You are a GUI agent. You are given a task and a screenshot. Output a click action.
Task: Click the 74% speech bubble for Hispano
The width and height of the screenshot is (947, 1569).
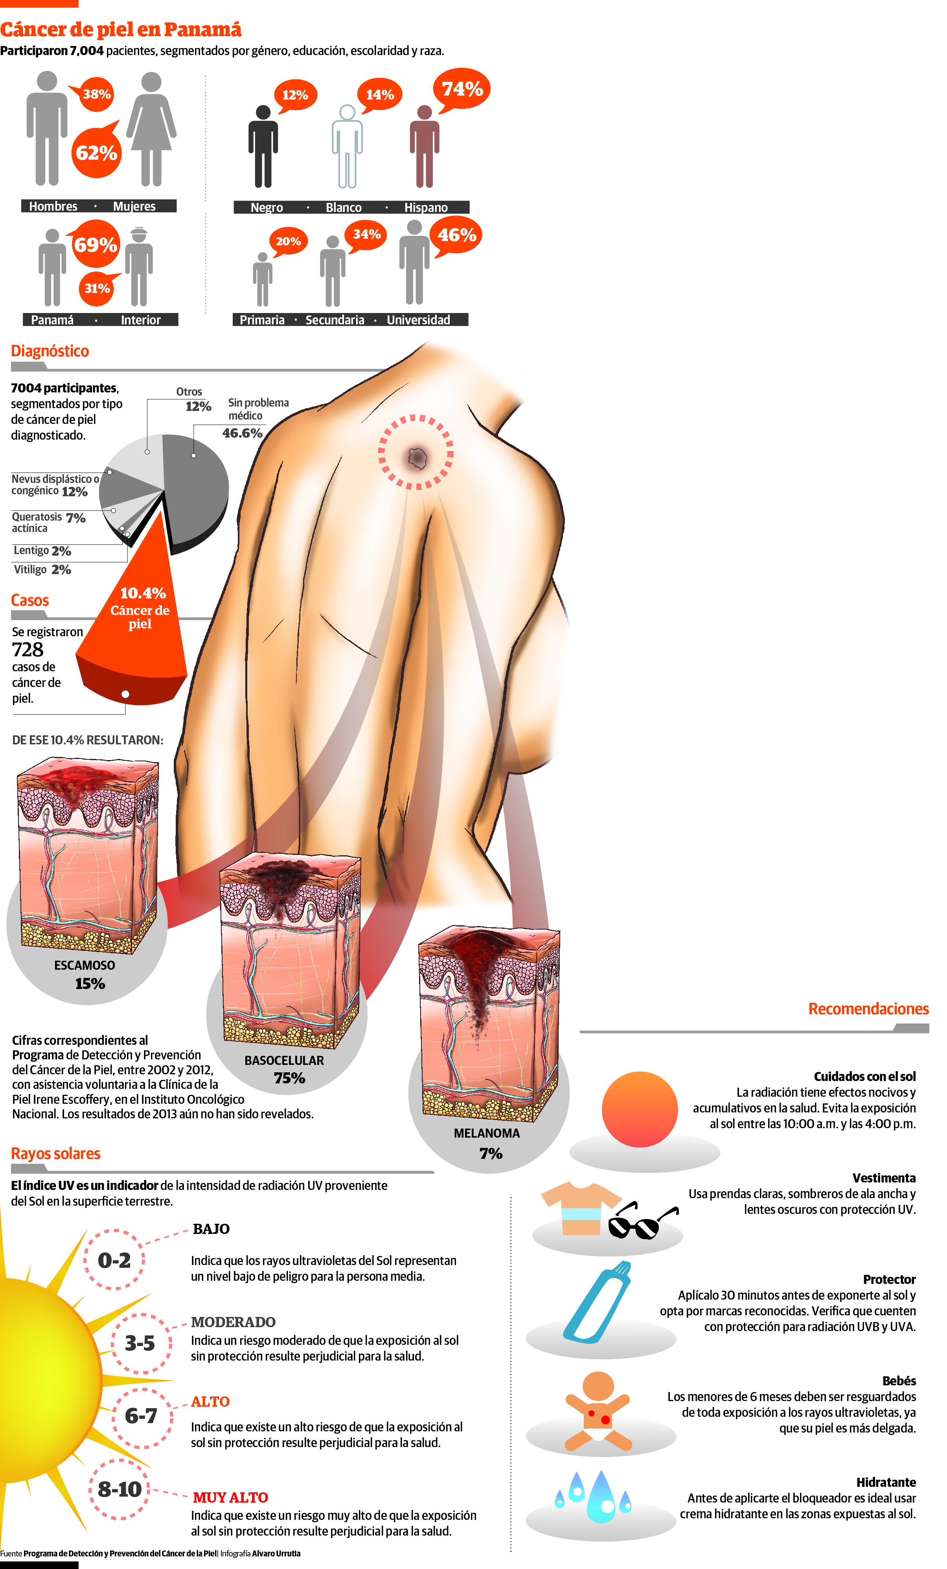point(462,89)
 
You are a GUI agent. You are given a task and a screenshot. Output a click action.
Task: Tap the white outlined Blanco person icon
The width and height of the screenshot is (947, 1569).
point(347,146)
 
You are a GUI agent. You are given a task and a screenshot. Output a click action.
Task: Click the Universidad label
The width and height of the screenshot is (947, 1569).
point(418,320)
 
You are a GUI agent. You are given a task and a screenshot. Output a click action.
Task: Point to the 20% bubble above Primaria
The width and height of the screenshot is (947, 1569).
point(288,242)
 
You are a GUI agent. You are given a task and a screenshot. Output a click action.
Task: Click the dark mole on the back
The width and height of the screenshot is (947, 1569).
point(417,456)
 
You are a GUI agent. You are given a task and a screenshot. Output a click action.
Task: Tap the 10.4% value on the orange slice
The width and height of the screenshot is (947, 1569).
point(143,593)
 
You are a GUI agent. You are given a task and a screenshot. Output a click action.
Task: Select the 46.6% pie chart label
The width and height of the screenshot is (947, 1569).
point(242,433)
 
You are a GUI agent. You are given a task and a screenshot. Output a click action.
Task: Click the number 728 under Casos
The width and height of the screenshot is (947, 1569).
point(28,650)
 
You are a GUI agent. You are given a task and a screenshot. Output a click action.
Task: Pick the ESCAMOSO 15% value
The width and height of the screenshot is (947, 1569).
point(90,984)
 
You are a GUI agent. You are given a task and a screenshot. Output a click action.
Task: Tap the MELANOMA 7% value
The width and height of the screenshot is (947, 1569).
point(491,1153)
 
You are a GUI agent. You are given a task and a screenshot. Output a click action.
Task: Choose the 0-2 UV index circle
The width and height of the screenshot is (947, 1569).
point(114,1260)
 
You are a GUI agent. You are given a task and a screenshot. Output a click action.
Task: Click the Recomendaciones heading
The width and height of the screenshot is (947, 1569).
point(868,1009)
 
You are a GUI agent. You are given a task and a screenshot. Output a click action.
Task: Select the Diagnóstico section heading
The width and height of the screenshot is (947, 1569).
point(50,351)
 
